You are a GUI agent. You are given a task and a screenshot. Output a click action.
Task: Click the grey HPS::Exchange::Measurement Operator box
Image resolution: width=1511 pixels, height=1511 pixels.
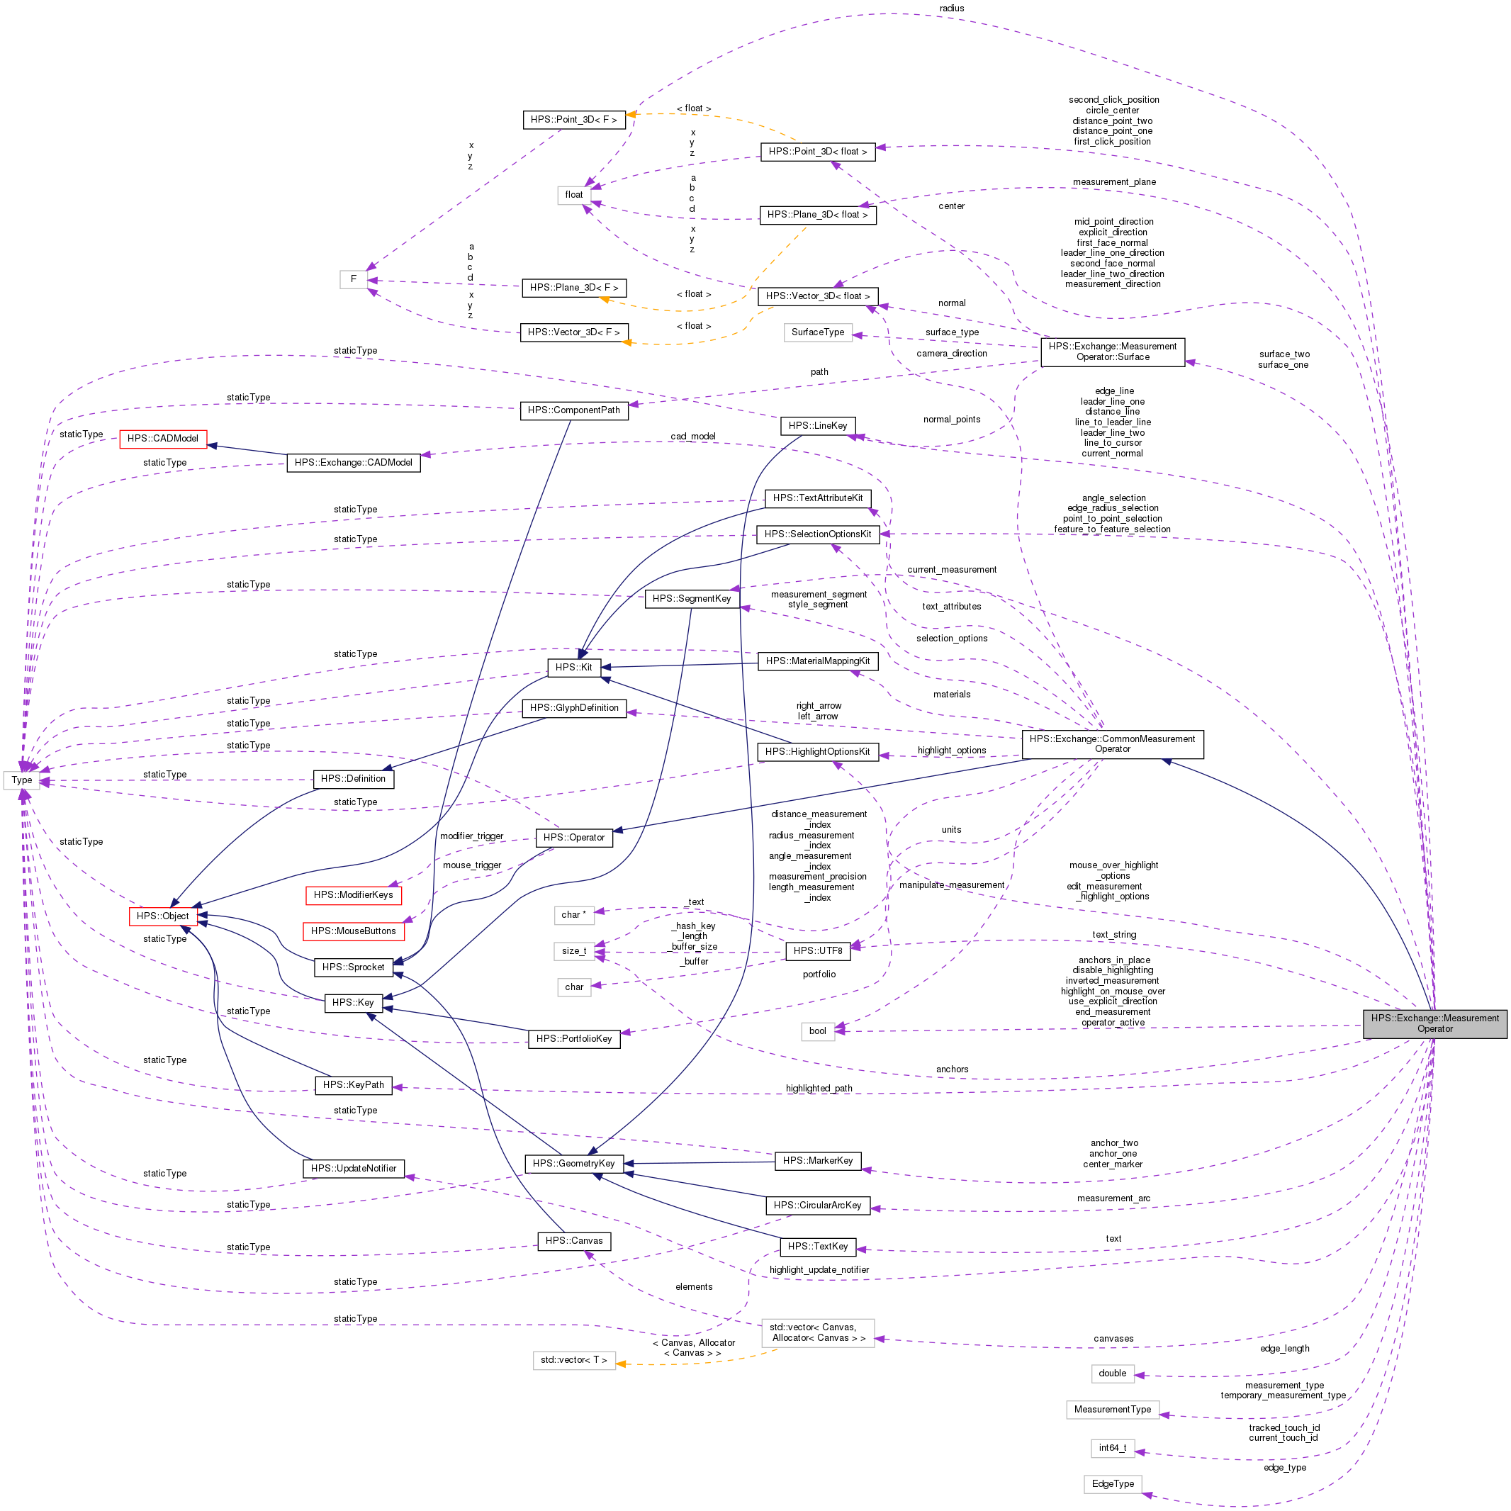(x=1434, y=1023)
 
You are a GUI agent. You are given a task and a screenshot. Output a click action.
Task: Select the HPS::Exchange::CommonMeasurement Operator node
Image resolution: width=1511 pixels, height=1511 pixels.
(x=1111, y=743)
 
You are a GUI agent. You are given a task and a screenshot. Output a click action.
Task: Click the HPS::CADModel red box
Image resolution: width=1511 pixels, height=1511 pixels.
(x=163, y=439)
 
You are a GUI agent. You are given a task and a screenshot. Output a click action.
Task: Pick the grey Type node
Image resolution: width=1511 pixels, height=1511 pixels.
(x=22, y=780)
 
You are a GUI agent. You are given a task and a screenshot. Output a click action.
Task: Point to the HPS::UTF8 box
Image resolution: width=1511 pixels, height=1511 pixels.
(x=817, y=950)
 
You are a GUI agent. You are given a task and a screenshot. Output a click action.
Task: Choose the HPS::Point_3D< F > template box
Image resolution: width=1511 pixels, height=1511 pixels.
(x=573, y=120)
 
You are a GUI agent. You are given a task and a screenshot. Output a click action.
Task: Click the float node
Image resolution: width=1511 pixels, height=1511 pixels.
(x=574, y=195)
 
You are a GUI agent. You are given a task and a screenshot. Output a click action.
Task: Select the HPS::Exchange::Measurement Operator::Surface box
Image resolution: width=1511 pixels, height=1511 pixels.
(x=1112, y=351)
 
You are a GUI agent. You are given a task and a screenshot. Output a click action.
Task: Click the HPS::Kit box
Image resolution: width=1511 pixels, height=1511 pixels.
(x=573, y=667)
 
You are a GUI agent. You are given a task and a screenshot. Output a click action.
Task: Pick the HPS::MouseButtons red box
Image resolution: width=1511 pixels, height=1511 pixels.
(x=353, y=931)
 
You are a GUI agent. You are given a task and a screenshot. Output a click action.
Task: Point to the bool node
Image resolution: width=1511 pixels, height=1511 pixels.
(x=817, y=1030)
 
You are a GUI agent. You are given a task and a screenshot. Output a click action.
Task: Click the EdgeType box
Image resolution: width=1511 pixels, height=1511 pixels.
(x=1112, y=1483)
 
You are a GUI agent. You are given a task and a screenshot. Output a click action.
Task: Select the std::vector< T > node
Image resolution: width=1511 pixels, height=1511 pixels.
(x=573, y=1360)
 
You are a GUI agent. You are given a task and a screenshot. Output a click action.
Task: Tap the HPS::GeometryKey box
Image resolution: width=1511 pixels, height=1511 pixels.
(x=573, y=1163)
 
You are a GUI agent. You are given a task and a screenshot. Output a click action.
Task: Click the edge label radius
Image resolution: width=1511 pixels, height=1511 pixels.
(x=951, y=9)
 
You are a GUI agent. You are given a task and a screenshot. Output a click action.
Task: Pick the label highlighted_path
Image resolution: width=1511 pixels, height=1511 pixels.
(x=819, y=1088)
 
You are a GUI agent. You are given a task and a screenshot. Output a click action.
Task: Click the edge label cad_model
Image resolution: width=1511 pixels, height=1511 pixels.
(x=692, y=437)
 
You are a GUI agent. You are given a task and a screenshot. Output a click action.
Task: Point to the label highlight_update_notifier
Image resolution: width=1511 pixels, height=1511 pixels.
(x=819, y=1269)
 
